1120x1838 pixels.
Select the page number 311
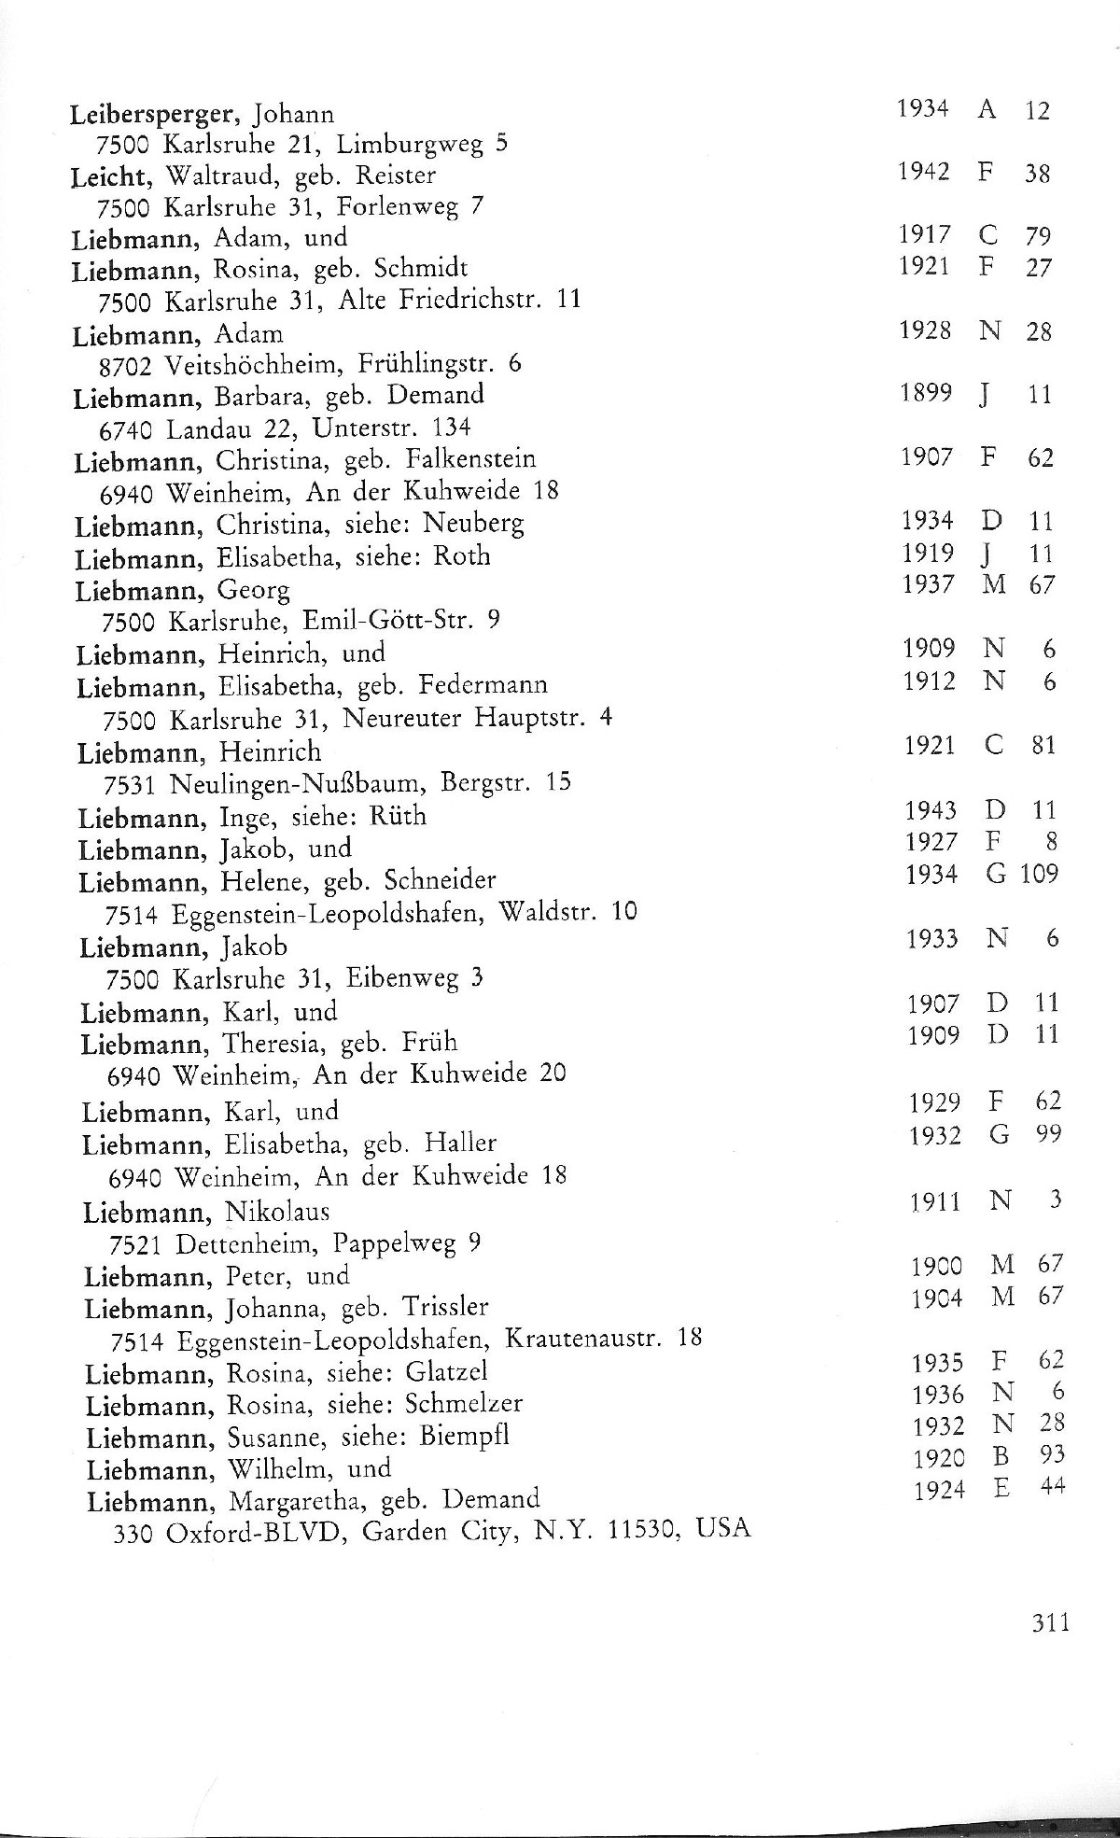click(1050, 1622)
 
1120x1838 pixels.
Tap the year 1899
click(926, 394)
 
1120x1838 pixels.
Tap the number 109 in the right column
click(1039, 875)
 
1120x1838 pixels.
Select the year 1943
click(931, 810)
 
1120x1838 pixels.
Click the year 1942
click(923, 172)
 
